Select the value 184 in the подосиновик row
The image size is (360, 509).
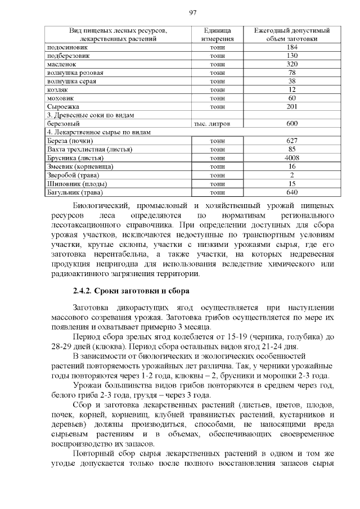point(291,48)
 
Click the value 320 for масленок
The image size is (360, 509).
point(291,65)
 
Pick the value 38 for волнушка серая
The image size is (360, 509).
point(291,81)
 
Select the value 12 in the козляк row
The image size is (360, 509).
point(291,89)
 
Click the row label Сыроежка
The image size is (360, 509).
point(63,106)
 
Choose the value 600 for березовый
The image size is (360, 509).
point(291,123)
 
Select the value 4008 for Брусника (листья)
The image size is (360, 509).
point(291,158)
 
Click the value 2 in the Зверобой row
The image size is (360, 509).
point(291,175)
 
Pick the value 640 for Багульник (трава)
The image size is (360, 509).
point(291,192)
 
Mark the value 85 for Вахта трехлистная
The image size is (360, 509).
point(291,150)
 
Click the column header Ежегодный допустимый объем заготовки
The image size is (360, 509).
point(291,34)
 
